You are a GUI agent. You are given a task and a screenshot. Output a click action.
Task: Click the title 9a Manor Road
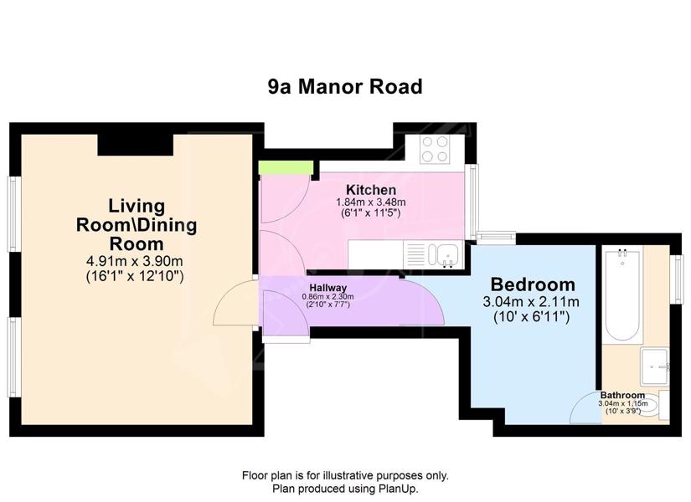pos(345,87)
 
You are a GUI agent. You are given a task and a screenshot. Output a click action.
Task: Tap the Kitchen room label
pos(371,190)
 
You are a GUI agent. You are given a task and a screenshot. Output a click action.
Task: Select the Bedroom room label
pos(533,284)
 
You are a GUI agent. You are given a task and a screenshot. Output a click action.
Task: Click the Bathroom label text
pos(622,395)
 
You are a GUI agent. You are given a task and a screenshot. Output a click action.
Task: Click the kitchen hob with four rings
pos(435,149)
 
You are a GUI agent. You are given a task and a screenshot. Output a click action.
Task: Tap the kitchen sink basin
pos(446,254)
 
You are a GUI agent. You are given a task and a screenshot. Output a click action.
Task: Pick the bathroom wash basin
pos(655,366)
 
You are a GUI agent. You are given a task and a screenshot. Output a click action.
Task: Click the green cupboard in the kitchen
pos(286,167)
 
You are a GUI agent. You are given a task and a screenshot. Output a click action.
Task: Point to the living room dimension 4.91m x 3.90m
pos(134,261)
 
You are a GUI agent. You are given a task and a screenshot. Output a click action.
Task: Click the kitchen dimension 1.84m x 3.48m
pos(371,202)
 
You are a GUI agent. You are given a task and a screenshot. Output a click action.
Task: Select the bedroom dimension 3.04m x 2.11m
pos(531,302)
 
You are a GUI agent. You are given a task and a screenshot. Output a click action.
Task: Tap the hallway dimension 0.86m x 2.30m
pos(327,297)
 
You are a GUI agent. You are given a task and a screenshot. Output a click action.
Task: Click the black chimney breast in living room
pos(136,145)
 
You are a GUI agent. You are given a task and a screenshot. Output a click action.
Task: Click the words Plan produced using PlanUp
pos(345,489)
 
